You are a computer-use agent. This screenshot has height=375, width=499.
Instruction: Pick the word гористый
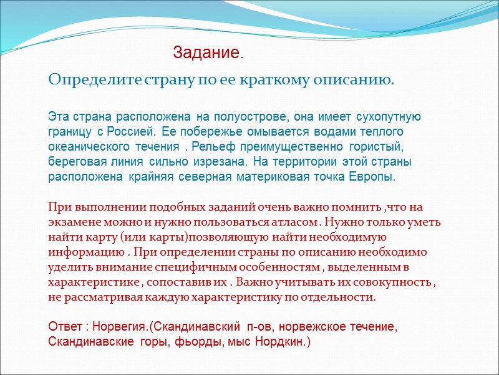point(375,147)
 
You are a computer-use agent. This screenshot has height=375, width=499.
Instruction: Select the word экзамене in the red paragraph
point(75,222)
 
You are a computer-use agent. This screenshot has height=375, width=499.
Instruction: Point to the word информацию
point(82,252)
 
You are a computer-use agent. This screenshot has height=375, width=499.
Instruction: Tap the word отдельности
point(341,297)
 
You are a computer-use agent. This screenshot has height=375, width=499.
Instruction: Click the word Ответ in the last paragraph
point(64,327)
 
